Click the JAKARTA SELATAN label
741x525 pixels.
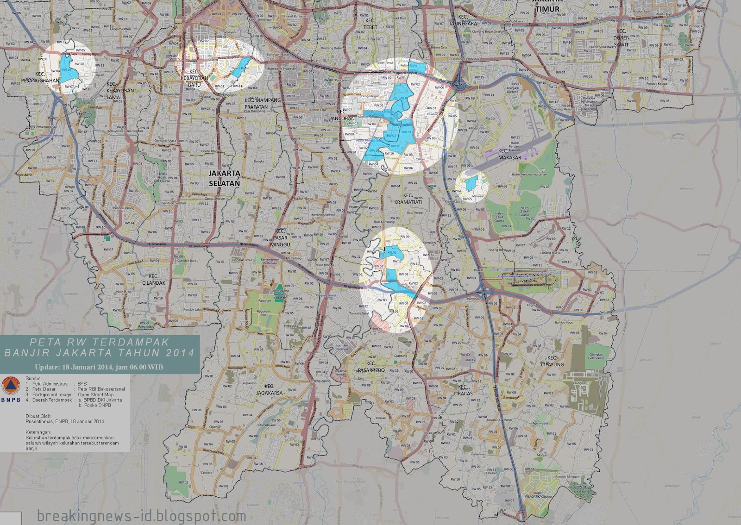click(x=224, y=178)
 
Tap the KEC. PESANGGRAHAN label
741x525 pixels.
click(x=40, y=77)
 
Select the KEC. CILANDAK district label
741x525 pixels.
click(x=153, y=280)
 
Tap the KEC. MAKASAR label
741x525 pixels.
click(x=509, y=154)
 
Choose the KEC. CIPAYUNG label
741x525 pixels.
click(x=552, y=361)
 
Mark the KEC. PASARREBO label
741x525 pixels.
click(x=371, y=367)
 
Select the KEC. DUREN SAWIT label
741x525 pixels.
click(x=621, y=38)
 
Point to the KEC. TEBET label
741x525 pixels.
click(x=370, y=24)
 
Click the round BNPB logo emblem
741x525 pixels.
click(x=11, y=387)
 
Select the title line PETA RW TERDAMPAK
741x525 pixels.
click(x=99, y=342)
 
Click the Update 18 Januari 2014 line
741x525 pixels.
click(x=99, y=367)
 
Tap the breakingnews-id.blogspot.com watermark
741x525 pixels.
click(x=141, y=516)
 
